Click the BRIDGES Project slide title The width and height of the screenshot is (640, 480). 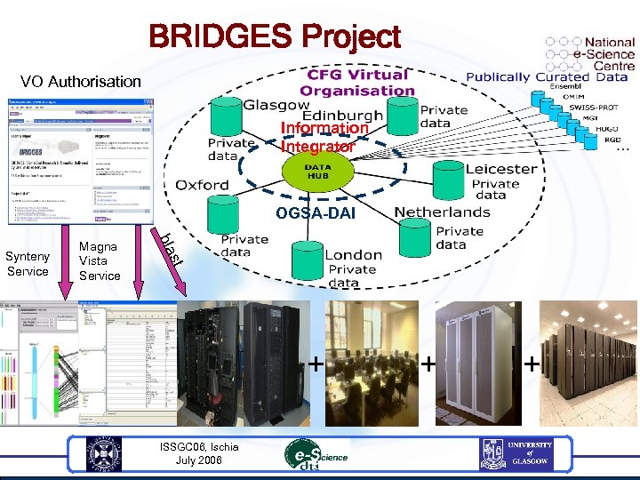[275, 37]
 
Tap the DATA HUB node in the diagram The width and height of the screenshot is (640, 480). [317, 171]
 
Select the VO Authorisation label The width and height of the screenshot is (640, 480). [81, 82]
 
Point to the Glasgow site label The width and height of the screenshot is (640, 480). [276, 104]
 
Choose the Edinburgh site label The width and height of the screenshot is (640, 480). [342, 116]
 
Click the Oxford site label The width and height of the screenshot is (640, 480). [202, 185]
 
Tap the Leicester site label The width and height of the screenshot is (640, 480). [500, 169]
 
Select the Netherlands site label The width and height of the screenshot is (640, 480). [442, 212]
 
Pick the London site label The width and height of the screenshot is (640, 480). [353, 254]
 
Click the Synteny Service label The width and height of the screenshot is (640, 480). [28, 264]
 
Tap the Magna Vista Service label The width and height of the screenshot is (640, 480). [99, 261]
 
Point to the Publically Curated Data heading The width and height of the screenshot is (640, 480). [547, 76]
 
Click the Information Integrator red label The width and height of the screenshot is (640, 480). [324, 137]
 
